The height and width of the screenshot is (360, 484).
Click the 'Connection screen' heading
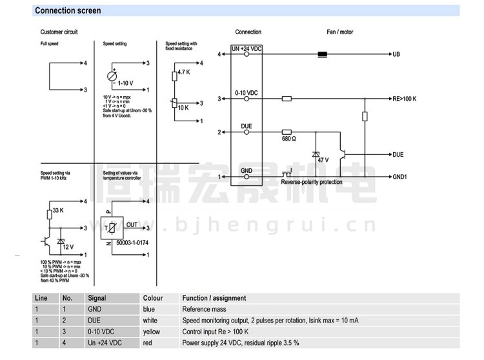click(x=68, y=10)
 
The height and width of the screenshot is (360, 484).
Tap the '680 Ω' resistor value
click(x=290, y=139)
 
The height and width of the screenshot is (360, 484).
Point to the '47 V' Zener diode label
click(x=322, y=159)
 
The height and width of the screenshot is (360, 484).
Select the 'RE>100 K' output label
click(x=405, y=99)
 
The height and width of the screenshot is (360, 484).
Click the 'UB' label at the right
click(x=396, y=54)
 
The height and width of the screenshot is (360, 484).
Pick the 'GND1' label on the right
click(x=399, y=176)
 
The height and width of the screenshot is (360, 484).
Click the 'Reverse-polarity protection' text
click(x=311, y=183)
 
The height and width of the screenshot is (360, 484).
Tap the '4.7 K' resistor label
click(x=183, y=72)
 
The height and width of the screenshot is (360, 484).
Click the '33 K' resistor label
click(x=57, y=210)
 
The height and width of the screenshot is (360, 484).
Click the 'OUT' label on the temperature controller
click(x=132, y=225)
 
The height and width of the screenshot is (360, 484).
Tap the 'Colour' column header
click(x=153, y=298)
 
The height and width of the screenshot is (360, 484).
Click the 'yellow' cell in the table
click(x=152, y=332)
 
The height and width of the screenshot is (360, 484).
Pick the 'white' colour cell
click(x=150, y=321)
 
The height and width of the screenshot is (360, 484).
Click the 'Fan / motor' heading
click(x=340, y=32)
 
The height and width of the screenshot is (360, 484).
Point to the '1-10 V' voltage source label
click(x=126, y=83)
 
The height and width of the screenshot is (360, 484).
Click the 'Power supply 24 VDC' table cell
click(x=240, y=343)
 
